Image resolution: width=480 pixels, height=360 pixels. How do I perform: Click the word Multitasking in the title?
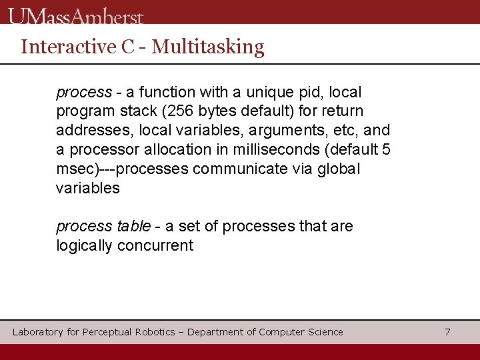click(x=208, y=47)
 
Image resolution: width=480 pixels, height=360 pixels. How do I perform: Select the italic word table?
click(x=133, y=227)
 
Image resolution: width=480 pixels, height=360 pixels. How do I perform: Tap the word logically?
click(x=85, y=246)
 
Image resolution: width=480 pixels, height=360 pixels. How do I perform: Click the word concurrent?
click(x=155, y=246)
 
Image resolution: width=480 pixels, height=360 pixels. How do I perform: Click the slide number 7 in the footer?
click(x=447, y=332)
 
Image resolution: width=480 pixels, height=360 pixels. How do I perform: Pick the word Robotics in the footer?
click(x=155, y=332)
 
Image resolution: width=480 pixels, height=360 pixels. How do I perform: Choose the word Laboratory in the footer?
click(x=38, y=332)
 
